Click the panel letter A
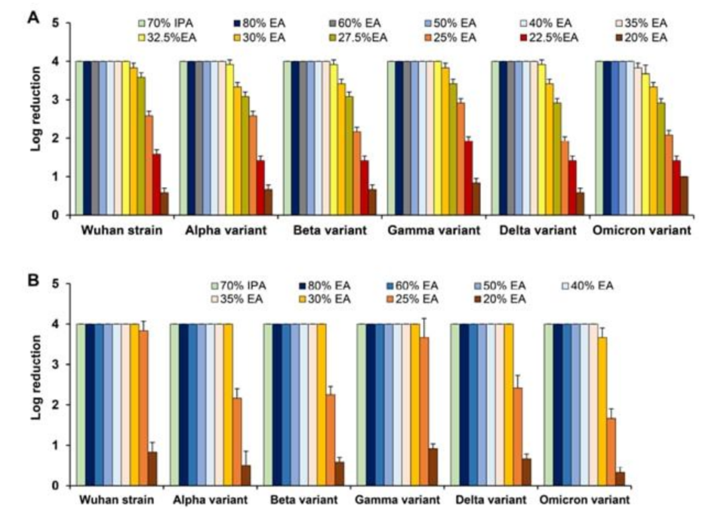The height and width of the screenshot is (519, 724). pos(32,18)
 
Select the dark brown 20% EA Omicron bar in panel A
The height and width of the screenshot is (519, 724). pos(683,196)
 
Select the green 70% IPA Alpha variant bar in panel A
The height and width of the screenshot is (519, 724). pos(183,138)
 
